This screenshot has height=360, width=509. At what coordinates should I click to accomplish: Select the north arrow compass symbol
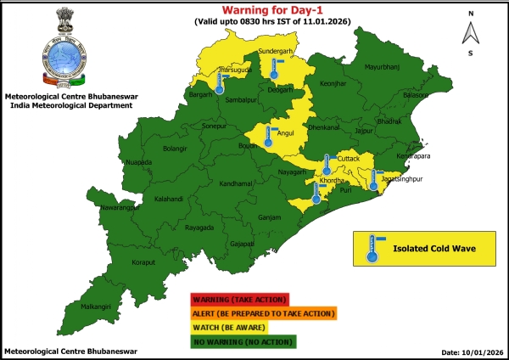(x=470, y=33)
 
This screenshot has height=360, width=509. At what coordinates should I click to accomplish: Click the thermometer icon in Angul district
(x=268, y=138)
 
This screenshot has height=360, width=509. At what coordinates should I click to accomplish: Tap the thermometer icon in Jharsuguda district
(x=220, y=82)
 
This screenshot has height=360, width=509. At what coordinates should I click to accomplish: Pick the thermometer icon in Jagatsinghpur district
(x=373, y=178)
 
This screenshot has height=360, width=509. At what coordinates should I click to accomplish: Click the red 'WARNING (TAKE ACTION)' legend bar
(x=240, y=299)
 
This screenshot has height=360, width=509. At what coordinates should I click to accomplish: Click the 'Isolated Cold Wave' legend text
(x=432, y=249)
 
